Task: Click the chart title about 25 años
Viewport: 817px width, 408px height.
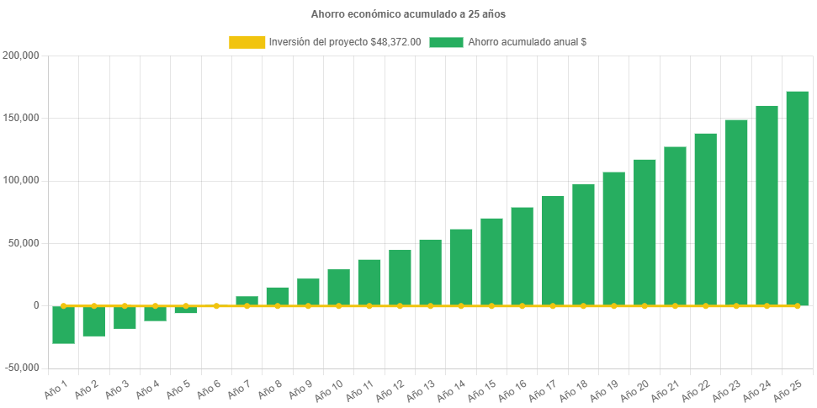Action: pos(408,14)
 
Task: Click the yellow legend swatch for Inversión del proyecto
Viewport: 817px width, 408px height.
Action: pos(246,42)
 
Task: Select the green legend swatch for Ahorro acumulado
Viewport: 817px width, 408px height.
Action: pos(446,42)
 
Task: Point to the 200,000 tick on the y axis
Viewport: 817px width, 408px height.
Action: pos(22,56)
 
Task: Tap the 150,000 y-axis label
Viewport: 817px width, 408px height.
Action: pos(22,118)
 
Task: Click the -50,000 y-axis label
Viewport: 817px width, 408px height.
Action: pos(22,368)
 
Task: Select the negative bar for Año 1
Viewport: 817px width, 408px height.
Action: pos(63,326)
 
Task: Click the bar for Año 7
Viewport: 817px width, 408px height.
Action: pos(247,300)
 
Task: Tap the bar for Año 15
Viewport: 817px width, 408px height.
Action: pos(491,262)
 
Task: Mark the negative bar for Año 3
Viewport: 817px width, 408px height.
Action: pos(125,318)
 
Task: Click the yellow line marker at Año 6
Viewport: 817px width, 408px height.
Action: pos(216,306)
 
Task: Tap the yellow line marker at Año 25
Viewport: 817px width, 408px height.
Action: pos(797,306)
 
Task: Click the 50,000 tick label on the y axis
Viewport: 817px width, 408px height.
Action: pos(24,243)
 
